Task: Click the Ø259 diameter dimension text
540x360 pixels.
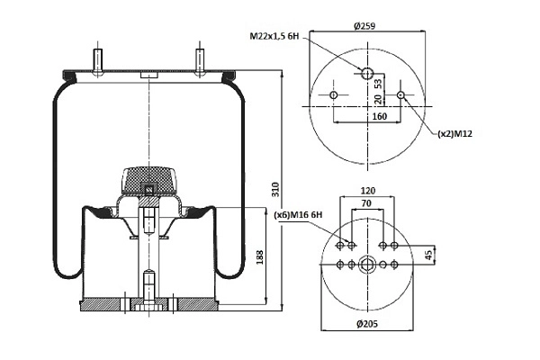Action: [364, 26]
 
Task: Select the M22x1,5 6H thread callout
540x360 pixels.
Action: [274, 35]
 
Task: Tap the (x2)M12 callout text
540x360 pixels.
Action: [454, 134]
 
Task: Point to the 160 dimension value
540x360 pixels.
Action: [380, 116]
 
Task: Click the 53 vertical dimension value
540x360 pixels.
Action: [378, 84]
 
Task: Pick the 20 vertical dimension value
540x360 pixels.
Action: [378, 99]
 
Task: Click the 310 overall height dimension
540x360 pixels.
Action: [275, 190]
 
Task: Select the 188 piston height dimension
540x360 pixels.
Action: [260, 257]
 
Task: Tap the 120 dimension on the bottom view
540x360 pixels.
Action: [367, 191]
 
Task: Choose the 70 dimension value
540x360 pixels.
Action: [366, 203]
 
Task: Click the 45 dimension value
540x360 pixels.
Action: [428, 256]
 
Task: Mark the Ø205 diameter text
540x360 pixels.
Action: [367, 323]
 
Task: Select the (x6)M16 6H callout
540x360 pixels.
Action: [298, 215]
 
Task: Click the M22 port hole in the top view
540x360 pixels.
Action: [367, 73]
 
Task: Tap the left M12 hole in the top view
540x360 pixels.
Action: [333, 94]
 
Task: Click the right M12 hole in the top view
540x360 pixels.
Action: [400, 94]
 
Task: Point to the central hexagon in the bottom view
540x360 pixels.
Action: [367, 265]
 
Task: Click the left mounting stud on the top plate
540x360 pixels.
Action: [97, 61]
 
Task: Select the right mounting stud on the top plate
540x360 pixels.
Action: [200, 61]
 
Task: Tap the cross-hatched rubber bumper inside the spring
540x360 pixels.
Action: [148, 180]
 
